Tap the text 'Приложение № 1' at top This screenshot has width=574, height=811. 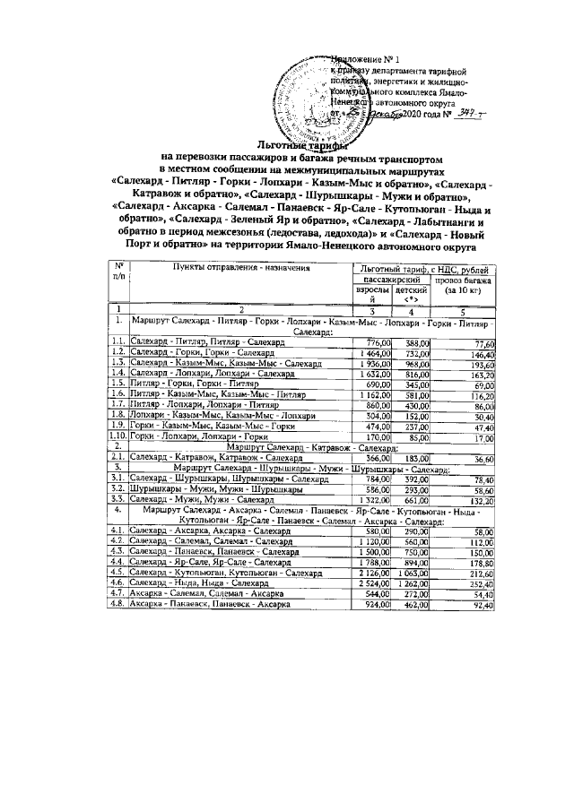tap(355, 59)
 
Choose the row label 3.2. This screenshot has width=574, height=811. tap(117, 489)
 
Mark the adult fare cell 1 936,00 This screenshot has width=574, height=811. tap(376, 366)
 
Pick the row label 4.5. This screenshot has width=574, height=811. tap(117, 571)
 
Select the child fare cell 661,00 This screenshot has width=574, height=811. tap(413, 500)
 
